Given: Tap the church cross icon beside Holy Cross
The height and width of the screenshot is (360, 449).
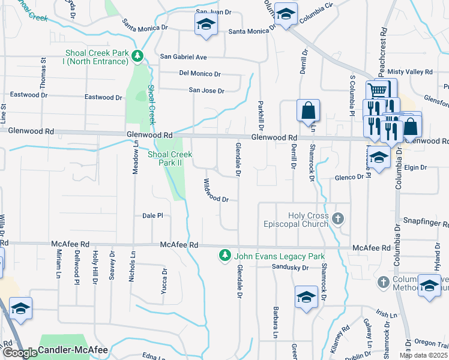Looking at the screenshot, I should click(339, 218).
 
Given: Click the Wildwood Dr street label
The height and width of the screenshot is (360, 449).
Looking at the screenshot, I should click(217, 190).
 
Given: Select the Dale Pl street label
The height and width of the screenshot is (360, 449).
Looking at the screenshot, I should click(152, 215).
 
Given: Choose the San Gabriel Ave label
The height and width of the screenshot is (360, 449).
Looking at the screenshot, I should click(183, 57).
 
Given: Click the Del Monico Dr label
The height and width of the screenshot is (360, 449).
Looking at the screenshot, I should click(200, 74).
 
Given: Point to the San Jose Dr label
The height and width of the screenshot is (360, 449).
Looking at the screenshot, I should click(206, 91).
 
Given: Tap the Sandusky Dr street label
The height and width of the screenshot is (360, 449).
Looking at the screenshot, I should click(289, 267).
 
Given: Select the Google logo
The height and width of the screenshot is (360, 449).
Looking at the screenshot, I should click(19, 353).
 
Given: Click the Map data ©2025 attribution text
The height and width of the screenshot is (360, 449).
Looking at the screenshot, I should click(423, 355).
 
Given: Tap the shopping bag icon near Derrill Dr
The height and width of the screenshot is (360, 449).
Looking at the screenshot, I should click(308, 110).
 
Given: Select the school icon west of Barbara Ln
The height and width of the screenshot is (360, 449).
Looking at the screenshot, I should click(306, 296).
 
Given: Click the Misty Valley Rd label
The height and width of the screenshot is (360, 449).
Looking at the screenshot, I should click(410, 72).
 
